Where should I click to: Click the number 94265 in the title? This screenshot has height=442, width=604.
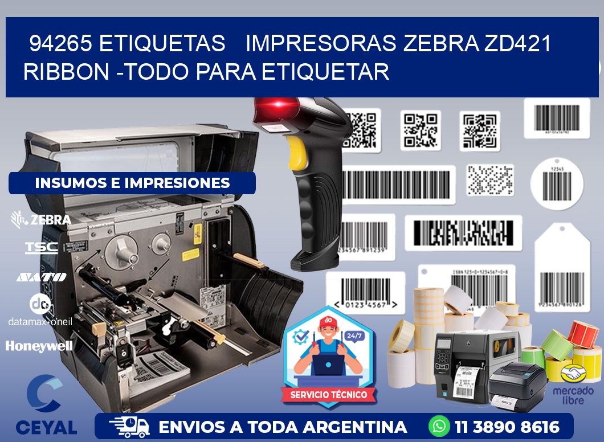pos(59,43)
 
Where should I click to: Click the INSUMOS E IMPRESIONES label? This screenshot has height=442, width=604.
pos(132,183)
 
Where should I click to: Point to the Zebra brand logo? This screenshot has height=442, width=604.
pos(41,219)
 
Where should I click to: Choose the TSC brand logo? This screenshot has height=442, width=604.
pos(41,247)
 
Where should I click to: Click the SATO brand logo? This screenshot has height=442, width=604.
pos(41,277)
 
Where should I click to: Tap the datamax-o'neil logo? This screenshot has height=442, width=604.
pos(40,310)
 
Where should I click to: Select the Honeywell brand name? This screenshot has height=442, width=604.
pos(39,346)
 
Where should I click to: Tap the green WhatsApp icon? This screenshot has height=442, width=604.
pos(439,426)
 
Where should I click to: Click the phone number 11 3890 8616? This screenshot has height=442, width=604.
pos(507,427)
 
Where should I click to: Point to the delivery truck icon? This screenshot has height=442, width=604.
pos(129,426)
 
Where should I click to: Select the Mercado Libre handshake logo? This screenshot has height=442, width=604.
pos(573,374)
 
